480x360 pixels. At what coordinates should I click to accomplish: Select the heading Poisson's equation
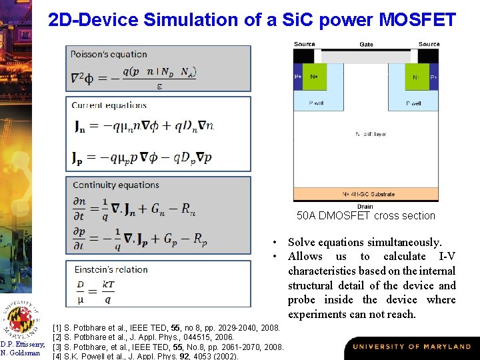click(109, 54)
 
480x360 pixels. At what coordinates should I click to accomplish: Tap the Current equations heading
click(109, 105)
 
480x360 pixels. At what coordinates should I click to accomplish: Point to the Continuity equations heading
click(116, 185)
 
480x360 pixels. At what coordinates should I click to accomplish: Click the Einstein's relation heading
click(110, 269)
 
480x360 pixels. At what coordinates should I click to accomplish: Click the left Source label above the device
click(304, 44)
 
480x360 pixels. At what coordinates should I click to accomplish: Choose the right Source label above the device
click(429, 44)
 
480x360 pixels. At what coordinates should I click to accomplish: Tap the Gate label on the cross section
click(366, 44)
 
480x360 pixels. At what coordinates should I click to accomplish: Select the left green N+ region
click(315, 77)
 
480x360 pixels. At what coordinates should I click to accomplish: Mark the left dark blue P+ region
click(297, 77)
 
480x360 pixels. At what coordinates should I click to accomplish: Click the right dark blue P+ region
click(434, 77)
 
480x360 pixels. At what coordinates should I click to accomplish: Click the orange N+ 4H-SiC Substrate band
click(366, 195)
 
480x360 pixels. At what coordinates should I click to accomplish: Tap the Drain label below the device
click(365, 206)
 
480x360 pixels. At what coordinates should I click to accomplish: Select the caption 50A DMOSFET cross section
click(365, 215)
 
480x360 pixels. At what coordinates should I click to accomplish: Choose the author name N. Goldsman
click(21, 353)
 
